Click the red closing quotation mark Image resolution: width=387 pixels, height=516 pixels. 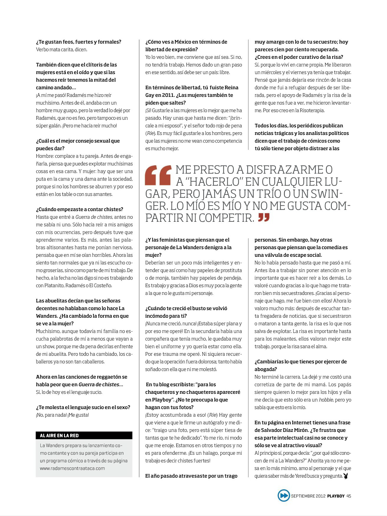click(x=264, y=218)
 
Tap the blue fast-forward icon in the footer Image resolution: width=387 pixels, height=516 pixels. click(x=283, y=496)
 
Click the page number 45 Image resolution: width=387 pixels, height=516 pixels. click(x=349, y=496)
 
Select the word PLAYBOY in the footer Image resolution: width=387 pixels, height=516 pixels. click(x=336, y=496)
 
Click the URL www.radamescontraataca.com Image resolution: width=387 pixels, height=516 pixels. click(x=72, y=468)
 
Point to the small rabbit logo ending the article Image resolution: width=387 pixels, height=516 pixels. click(x=346, y=476)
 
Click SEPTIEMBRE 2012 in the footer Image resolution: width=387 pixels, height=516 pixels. click(x=308, y=496)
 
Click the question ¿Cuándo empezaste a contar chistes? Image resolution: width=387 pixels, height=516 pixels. click(x=79, y=209)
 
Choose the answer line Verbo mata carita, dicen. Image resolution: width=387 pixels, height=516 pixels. click(x=62, y=49)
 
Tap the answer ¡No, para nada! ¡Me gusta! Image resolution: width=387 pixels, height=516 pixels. click(x=62, y=415)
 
